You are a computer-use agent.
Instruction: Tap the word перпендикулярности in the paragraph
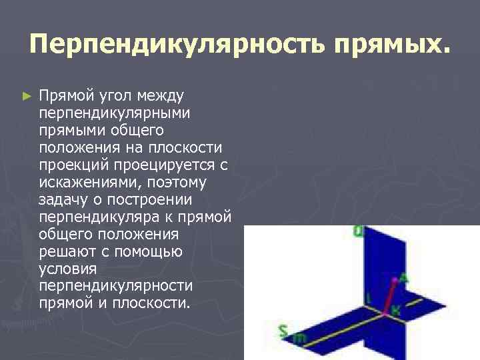[x=116, y=286]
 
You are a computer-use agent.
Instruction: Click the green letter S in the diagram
[x=283, y=331]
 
